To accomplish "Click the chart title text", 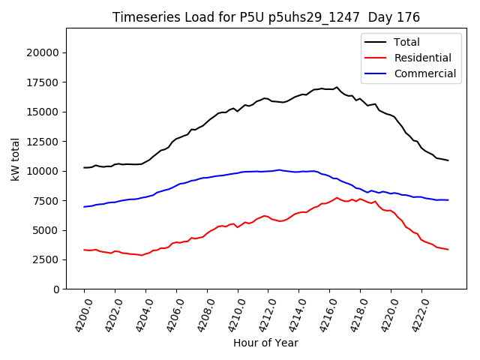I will (266, 17).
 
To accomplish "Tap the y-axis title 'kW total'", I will (16, 158).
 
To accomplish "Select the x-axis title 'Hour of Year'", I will (265, 343).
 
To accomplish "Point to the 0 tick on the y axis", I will (55, 289).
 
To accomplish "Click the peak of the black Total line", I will (337, 87).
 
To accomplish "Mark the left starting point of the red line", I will (84, 250).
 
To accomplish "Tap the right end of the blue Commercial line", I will (448, 200).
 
